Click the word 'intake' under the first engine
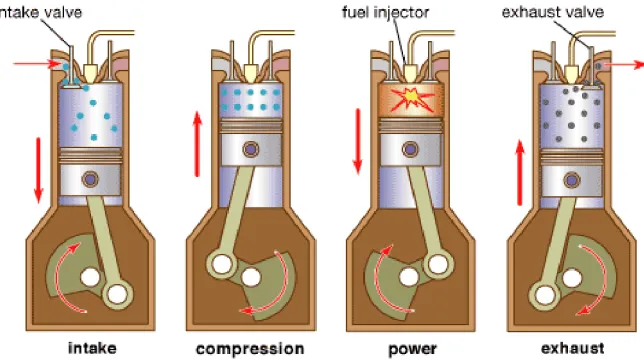coord(92,348)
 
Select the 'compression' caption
coord(250,349)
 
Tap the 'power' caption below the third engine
coord(412,349)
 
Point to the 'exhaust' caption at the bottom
coord(573,348)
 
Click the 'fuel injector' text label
coord(385,12)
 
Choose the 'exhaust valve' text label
coord(553,12)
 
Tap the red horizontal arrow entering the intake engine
coord(37,64)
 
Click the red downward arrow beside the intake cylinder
coord(39,170)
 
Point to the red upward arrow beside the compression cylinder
coord(198,144)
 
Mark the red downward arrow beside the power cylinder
coord(358,141)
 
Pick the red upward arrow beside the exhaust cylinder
coord(520,172)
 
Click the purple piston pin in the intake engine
coord(90,179)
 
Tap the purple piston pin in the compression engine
coord(251,149)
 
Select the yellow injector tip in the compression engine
coord(250,74)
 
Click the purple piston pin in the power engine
coord(410,149)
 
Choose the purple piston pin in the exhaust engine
coord(571,180)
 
